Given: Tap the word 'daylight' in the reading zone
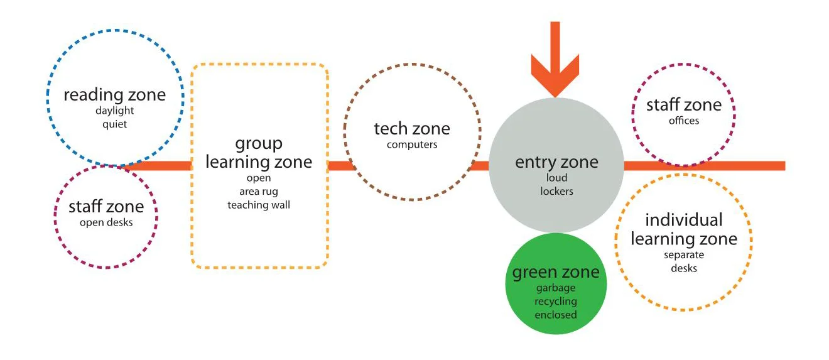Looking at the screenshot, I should point(115,111).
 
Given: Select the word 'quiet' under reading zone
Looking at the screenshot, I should point(115,124).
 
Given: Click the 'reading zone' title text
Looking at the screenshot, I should point(115,95).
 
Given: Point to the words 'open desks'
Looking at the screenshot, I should point(106,222).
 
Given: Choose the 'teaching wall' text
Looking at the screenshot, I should point(259,205).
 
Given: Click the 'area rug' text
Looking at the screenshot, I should point(259,192).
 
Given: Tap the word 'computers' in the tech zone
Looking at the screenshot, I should point(412,145).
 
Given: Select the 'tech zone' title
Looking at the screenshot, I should point(412,129).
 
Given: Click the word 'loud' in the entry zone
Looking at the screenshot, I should point(556,178).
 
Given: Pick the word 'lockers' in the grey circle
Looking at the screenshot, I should point(556,190).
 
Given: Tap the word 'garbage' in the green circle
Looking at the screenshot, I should point(556,289).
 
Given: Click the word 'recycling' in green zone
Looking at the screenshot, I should point(556,302).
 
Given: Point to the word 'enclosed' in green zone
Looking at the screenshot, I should point(556,314).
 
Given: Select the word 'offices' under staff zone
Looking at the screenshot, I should point(684,120).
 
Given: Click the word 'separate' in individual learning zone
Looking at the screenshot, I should point(684,255).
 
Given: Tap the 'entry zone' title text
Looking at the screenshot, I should point(556,162).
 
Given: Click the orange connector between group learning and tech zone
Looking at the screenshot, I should point(337,166).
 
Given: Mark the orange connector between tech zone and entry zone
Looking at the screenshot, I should point(484,166).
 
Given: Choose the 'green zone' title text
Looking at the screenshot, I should point(556,273).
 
